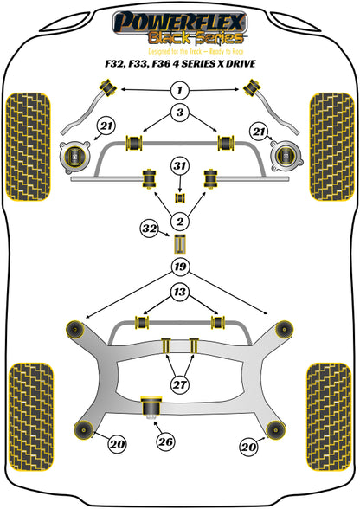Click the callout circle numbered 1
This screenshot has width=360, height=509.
(x=179, y=90)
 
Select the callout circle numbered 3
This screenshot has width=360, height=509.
(x=179, y=113)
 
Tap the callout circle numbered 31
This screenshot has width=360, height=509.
(x=180, y=166)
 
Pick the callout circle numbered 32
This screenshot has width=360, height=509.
(x=150, y=229)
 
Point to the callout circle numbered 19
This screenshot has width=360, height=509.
(x=180, y=267)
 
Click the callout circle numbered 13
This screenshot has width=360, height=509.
(x=179, y=292)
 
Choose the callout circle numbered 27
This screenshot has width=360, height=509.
(x=179, y=384)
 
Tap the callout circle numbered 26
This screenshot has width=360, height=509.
(x=165, y=441)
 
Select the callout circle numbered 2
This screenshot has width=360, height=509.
(x=179, y=222)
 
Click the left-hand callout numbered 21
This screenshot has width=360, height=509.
(x=106, y=126)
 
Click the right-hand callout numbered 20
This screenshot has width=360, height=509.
(x=248, y=448)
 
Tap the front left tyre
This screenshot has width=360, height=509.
(x=29, y=147)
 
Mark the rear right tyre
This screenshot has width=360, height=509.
(x=329, y=416)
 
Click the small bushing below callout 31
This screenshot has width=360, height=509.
(x=180, y=197)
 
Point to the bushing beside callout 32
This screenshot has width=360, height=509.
(x=180, y=243)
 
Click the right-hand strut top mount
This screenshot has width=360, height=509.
(x=286, y=156)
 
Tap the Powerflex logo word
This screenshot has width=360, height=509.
(x=179, y=23)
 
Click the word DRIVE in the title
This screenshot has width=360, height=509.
(x=241, y=63)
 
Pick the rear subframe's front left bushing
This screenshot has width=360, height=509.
(x=75, y=330)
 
